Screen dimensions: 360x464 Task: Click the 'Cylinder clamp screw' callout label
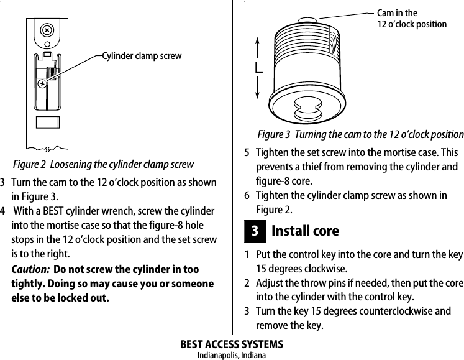point(142,56)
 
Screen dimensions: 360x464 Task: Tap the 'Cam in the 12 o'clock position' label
point(412,19)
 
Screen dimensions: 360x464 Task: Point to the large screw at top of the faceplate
point(46,30)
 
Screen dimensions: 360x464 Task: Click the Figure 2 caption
point(103,164)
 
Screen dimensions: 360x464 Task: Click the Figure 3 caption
point(360,135)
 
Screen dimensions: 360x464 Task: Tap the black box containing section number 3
point(255,231)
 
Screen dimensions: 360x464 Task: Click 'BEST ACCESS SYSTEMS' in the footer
point(231,344)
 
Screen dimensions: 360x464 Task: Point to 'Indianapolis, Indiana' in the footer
point(231,355)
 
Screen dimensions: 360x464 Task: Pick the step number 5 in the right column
point(247,153)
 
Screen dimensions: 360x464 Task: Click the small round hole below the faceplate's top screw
point(47,44)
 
